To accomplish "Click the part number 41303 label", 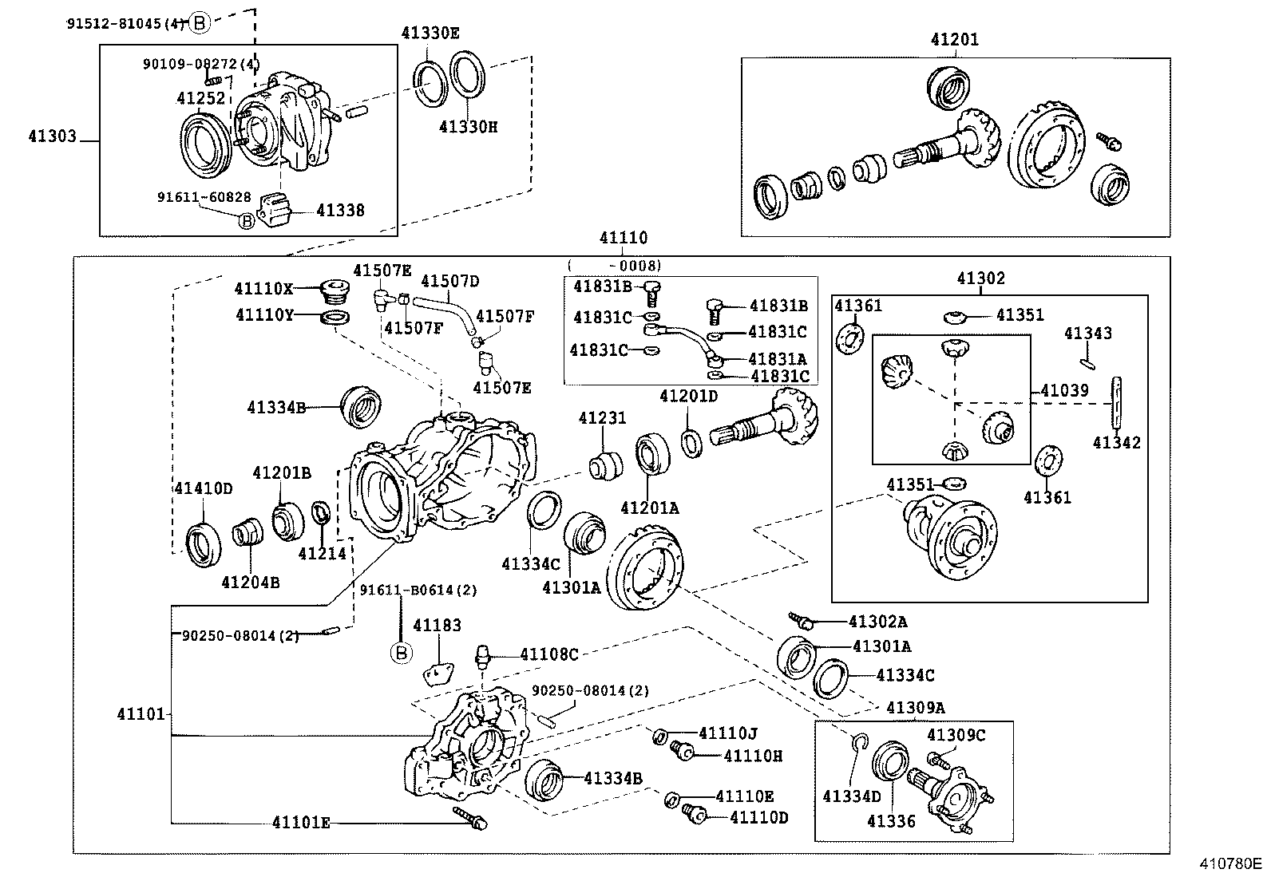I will coord(52,136).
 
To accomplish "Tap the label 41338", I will coord(340,211).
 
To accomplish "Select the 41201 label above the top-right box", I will coord(954,40).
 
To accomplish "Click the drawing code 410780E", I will coord(1228,863).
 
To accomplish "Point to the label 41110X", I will coord(263,288).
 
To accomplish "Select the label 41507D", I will coord(450,281).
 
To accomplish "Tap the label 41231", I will coord(602,418).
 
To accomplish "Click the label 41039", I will coord(1064,391).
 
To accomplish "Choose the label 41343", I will coord(1087,334).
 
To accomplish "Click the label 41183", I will coord(437,626).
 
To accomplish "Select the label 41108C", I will coord(548,654).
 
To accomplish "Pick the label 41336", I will coord(891,821).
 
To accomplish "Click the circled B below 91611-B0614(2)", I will coord(402,654).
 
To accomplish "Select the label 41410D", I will coord(203,488).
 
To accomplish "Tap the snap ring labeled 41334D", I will coord(859,743).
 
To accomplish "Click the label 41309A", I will coord(916,707).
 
